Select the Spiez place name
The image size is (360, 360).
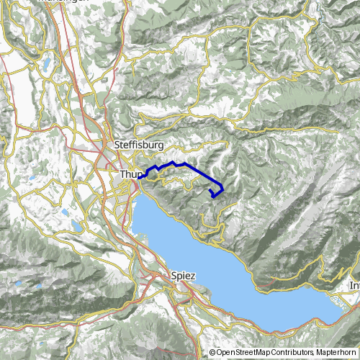click(x=184, y=274)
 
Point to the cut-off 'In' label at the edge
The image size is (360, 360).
click(x=354, y=285)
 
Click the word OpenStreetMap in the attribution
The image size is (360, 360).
click(x=246, y=353)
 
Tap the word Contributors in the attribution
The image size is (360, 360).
click(x=295, y=353)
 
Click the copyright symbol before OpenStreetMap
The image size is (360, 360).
click(x=212, y=353)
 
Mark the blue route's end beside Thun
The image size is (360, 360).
click(x=142, y=176)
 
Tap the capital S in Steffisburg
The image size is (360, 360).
click(x=117, y=145)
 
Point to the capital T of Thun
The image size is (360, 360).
click(x=123, y=174)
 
